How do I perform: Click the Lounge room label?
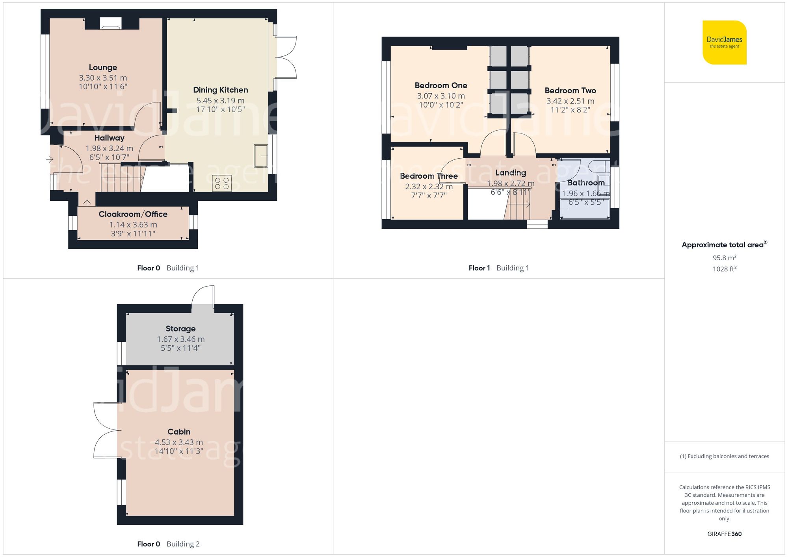(102, 67)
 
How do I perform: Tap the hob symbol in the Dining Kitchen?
(222, 183)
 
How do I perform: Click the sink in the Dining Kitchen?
(261, 156)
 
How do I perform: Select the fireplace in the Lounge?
(110, 24)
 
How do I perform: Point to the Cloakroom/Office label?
(133, 214)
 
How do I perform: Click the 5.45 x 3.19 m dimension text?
(220, 100)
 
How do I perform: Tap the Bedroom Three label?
(429, 176)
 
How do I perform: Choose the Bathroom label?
(585, 183)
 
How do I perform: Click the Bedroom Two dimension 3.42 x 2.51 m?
(570, 101)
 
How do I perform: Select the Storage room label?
(180, 329)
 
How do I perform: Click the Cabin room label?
(178, 432)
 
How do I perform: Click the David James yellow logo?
(724, 43)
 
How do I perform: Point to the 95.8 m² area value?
(724, 258)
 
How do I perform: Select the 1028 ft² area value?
(724, 269)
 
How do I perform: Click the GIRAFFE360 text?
(724, 534)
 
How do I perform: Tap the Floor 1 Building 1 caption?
(498, 268)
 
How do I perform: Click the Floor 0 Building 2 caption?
(168, 544)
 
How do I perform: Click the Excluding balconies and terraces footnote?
(724, 456)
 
